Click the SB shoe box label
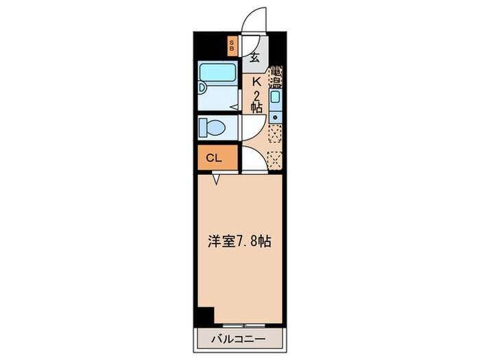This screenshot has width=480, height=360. (232, 46)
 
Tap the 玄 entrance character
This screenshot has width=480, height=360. (254, 58)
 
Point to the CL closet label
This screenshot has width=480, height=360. (214, 158)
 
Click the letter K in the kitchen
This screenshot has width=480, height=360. (255, 82)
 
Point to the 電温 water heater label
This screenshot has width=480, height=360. (276, 76)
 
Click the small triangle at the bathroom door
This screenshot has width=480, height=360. (234, 107)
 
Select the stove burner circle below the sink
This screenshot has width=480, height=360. (275, 117)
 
